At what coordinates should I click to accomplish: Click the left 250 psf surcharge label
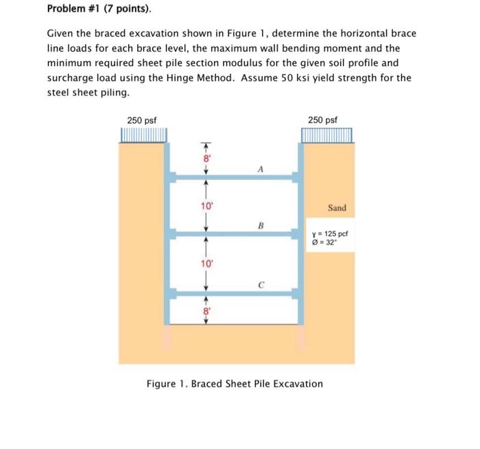[143, 120]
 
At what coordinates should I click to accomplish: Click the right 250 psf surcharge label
[323, 120]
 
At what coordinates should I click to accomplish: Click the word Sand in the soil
[337, 207]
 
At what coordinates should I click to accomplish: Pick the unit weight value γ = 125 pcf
[332, 233]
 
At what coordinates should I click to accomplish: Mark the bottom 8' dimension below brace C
[204, 310]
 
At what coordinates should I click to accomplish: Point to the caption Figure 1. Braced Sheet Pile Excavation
[235, 383]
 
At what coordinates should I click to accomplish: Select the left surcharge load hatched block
[143, 135]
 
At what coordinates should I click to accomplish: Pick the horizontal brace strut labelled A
[233, 177]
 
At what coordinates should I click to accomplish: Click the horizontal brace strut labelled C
[233, 294]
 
